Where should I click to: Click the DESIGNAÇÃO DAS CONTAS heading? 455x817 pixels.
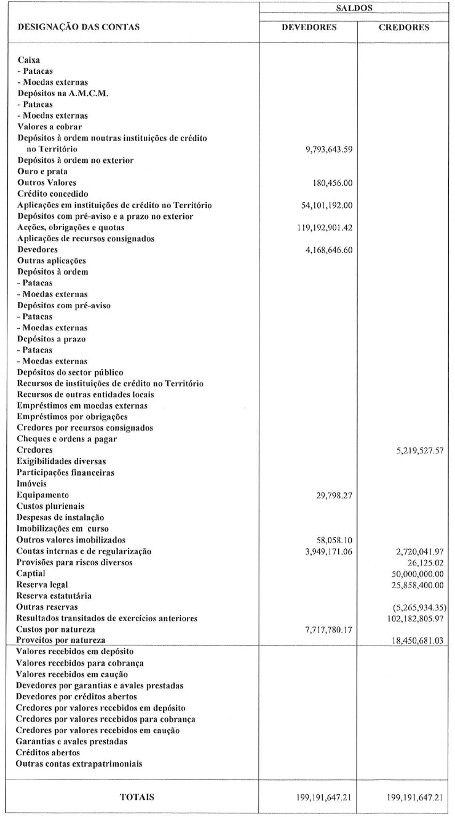[x=79, y=28]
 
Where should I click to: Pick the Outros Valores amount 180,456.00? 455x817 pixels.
[x=332, y=183]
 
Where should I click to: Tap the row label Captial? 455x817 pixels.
[x=31, y=573]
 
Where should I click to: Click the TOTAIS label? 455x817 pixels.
[x=136, y=797]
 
